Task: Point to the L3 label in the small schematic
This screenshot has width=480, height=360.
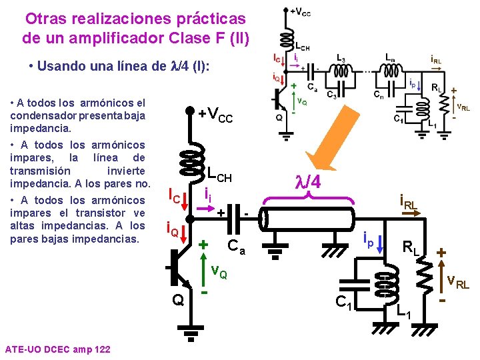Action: tap(341, 58)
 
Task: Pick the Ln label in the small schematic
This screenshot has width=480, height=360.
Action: tap(389, 58)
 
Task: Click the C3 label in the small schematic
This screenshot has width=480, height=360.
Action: tap(331, 95)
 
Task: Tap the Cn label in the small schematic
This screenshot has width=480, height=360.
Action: tap(379, 95)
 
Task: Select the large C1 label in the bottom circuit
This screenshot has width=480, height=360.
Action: tap(344, 303)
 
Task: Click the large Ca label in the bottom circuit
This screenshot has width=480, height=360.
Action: tap(237, 249)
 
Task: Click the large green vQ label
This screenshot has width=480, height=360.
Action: tap(219, 272)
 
